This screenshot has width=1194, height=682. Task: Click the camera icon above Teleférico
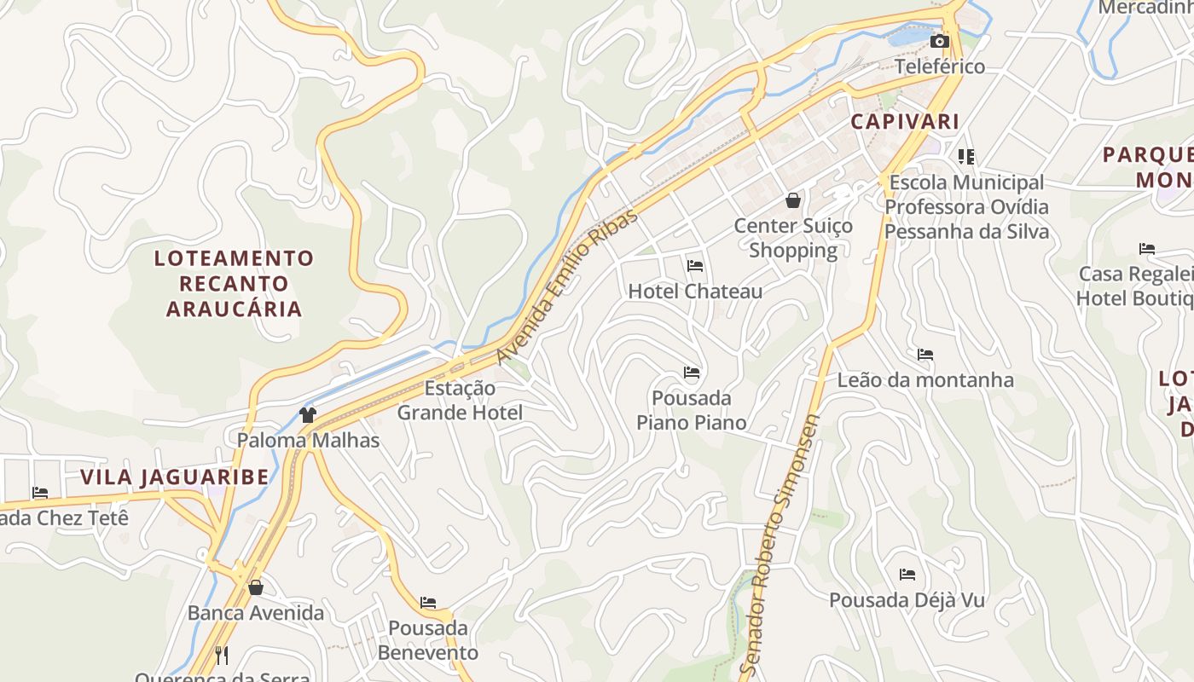[939, 41]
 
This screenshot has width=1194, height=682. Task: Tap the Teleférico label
[939, 66]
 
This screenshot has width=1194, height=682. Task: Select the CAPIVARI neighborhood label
[905, 122]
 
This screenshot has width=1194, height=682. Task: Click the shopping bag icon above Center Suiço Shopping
[793, 200]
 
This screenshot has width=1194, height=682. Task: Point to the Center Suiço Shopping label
[793, 238]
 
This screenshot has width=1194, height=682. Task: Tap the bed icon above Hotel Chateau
[695, 266]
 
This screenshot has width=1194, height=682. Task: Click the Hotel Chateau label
[695, 292]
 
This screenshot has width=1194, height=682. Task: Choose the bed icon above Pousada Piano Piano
[692, 373]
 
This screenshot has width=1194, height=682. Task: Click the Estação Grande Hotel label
[460, 401]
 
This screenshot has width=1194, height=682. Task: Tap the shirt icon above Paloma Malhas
[308, 415]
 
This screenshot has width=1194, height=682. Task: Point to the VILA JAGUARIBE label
[175, 477]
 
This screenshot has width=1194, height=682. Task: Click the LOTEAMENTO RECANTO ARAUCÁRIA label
[234, 283]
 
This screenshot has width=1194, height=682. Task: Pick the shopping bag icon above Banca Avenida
[255, 587]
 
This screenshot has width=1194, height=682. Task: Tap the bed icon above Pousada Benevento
[428, 603]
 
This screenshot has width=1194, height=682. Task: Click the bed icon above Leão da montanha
[925, 355]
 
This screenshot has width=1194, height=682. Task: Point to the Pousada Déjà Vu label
[907, 600]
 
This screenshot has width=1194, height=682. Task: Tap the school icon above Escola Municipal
[966, 156]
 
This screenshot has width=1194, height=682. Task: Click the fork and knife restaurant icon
[221, 655]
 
